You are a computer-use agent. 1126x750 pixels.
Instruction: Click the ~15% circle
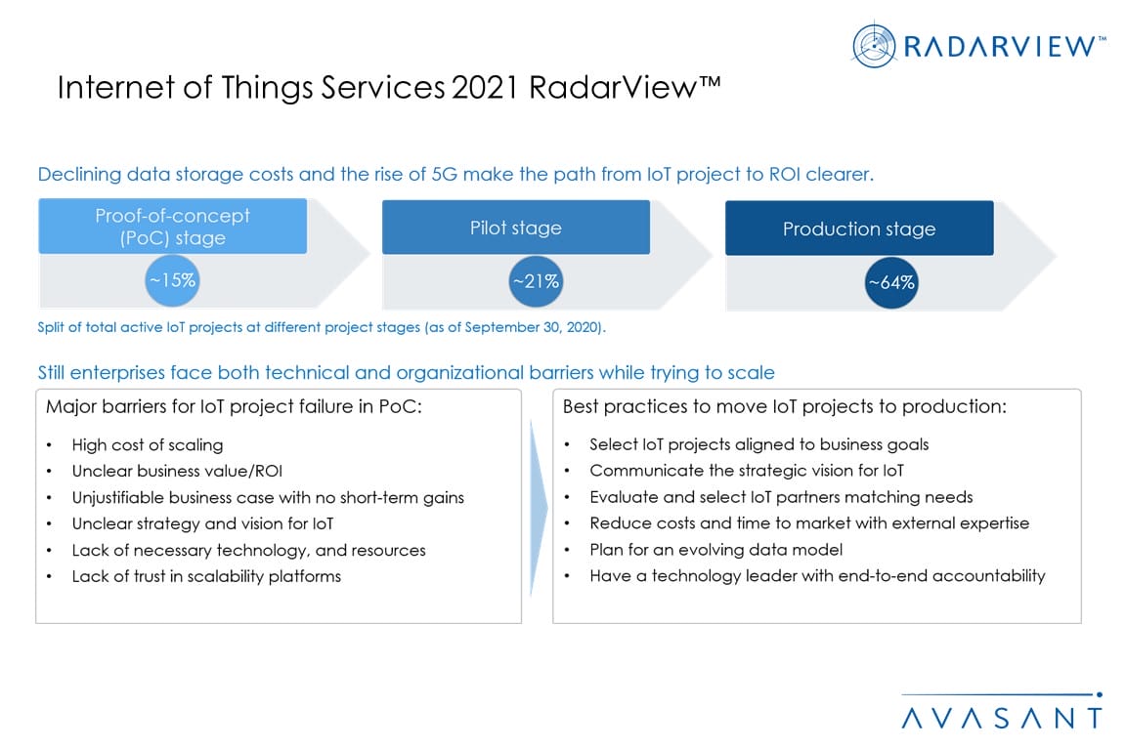coord(172,280)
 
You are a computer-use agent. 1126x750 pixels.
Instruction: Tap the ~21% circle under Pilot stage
coord(536,281)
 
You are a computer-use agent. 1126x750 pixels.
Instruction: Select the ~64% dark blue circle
coord(891,283)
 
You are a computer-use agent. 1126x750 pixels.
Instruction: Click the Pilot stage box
coord(516,228)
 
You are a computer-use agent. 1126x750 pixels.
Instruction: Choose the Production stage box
coord(859,229)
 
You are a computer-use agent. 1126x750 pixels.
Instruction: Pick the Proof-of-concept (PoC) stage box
coord(172,227)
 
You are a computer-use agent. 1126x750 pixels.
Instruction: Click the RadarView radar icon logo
coord(874,46)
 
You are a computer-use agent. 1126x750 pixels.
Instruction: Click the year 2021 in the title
coord(486,88)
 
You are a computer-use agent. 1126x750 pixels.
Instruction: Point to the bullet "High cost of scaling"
coord(148,445)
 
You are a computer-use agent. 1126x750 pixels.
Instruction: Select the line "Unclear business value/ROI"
coord(177,471)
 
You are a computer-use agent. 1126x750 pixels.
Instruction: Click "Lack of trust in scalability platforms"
coord(206,576)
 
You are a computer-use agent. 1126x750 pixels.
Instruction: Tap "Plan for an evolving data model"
coord(715,550)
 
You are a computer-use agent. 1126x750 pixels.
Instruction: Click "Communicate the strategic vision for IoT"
coord(747,471)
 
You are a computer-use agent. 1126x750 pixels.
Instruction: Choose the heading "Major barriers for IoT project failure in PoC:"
coord(235,407)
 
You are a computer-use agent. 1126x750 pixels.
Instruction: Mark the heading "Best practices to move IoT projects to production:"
coord(784,407)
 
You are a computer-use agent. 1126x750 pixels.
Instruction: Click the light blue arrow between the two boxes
coord(538,508)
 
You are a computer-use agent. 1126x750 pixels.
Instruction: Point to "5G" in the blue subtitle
coord(444,175)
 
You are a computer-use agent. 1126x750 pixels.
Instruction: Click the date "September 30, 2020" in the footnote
coord(532,327)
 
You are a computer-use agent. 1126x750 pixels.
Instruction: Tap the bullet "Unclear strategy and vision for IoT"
coord(202,523)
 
